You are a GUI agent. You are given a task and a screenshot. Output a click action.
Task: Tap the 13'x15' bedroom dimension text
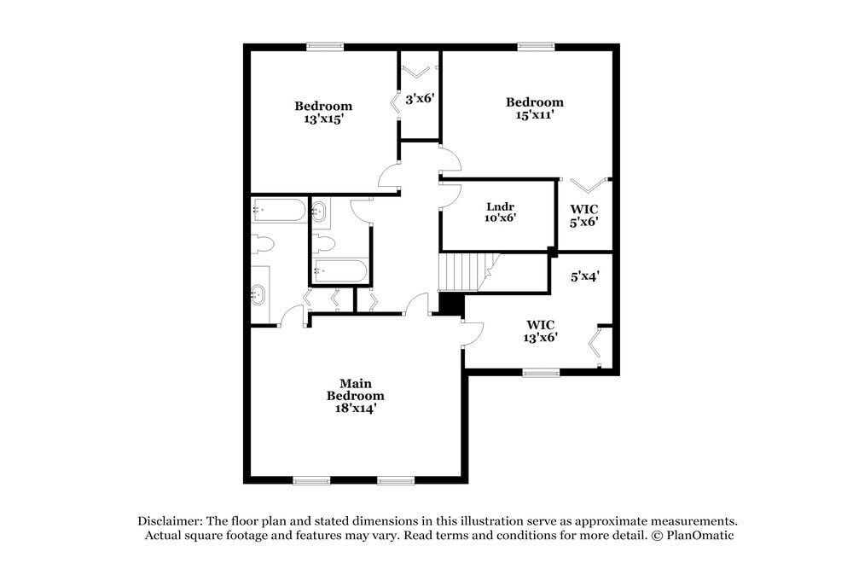pos(323,119)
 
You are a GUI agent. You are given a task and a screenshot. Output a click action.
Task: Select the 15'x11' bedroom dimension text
pos(535,115)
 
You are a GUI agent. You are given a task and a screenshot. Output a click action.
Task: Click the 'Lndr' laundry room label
pos(501,206)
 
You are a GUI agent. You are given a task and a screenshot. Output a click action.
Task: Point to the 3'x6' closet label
pos(421,99)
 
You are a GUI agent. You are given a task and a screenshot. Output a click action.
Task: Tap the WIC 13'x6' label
pos(541,330)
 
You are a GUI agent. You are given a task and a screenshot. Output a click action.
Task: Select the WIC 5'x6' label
pos(584,215)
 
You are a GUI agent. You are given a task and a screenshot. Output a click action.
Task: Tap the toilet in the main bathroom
pos(263,245)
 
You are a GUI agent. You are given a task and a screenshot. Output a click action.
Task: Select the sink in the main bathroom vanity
pos(259,295)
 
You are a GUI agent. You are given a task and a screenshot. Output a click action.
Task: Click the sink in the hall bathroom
pos(321,212)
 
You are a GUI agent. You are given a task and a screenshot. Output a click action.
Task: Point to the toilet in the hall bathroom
pos(323,243)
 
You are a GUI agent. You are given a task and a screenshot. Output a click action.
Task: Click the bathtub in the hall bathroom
pos(340,273)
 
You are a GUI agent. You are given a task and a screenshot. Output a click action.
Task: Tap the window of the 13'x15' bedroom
pos(325,48)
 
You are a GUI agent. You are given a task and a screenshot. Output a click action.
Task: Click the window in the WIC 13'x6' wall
pos(541,372)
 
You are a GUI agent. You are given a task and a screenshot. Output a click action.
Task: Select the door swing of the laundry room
pos(450,195)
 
